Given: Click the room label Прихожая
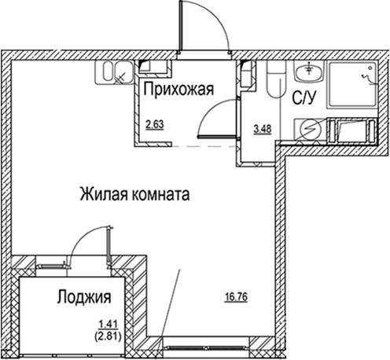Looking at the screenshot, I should point(178,90).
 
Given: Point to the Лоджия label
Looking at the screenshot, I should point(83,298).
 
